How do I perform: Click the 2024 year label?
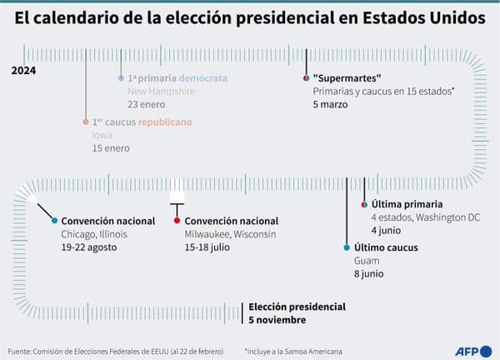click(x=23, y=71)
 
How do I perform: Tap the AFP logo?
click(x=473, y=352)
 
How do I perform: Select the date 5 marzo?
click(x=330, y=104)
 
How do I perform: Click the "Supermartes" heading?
click(x=347, y=78)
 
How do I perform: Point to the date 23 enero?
click(x=147, y=104)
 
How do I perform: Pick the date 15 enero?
click(x=111, y=148)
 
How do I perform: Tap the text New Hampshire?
click(x=161, y=91)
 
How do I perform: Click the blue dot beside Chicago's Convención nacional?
click(x=54, y=220)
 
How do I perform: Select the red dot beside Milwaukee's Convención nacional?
click(x=177, y=220)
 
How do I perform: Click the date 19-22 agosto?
click(x=89, y=247)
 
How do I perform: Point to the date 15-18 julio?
click(x=207, y=247)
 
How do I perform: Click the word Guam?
click(x=367, y=261)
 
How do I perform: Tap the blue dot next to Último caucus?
click(x=347, y=247)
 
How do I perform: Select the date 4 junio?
click(x=386, y=231)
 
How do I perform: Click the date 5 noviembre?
click(x=277, y=320)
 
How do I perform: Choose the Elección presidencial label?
click(x=297, y=307)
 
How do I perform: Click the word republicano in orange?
click(x=165, y=122)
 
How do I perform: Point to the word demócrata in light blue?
click(x=203, y=78)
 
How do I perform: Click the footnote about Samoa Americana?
click(x=293, y=352)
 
